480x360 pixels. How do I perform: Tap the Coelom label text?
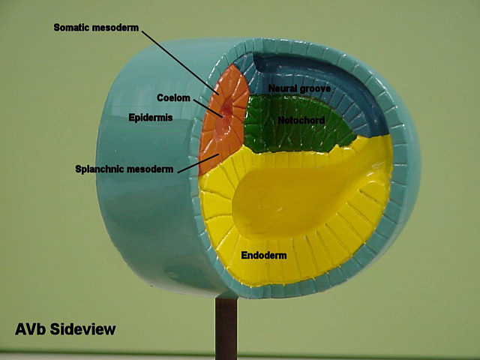click(x=172, y=97)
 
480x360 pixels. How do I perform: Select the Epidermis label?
click(x=151, y=118)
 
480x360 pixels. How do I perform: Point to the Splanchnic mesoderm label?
click(x=124, y=168)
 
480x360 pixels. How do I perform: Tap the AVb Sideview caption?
click(x=65, y=328)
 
